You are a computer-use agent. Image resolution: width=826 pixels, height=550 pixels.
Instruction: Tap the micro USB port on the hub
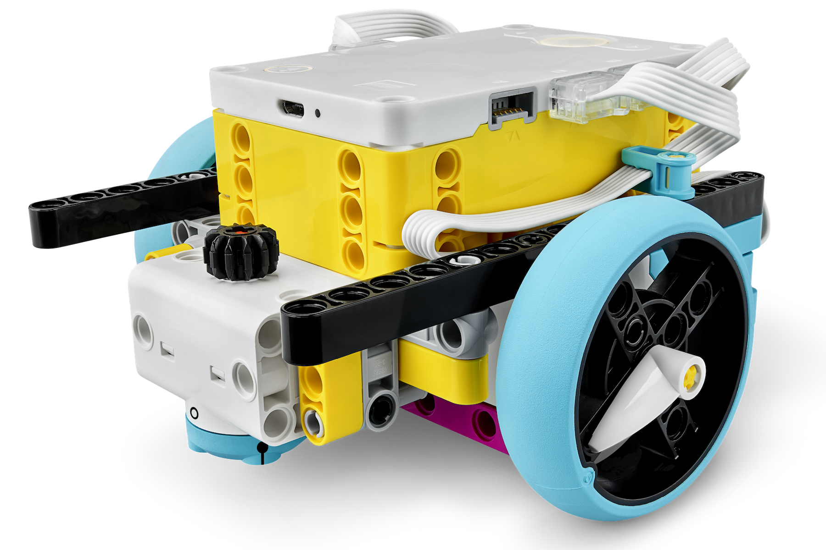point(293,109)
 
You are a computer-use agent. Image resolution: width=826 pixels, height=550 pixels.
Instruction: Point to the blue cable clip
point(661,174)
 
